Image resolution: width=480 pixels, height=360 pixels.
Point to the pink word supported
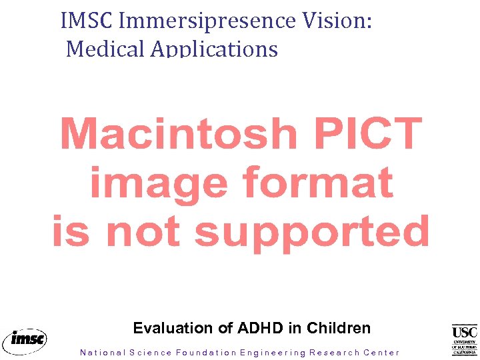click(x=312, y=231)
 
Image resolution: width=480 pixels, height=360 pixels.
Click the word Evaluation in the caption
click(x=172, y=328)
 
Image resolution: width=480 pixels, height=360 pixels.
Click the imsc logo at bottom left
click(x=25, y=340)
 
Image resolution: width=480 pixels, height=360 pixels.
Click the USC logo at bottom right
click(x=465, y=339)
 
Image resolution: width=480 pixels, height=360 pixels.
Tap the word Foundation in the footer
click(x=206, y=353)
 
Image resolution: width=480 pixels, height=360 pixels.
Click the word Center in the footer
click(x=382, y=353)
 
